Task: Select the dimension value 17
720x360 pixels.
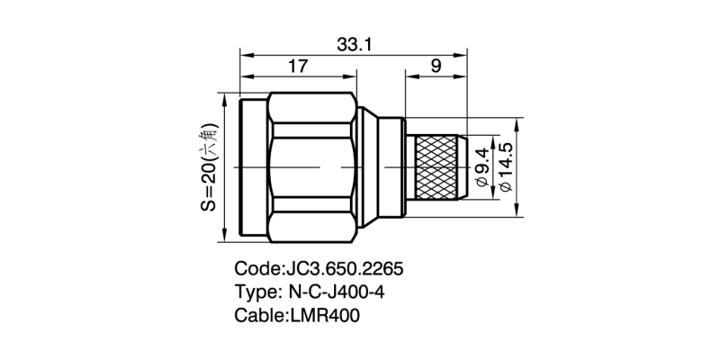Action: [299, 67]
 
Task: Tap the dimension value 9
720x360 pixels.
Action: [436, 67]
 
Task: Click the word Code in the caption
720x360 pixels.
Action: [256, 269]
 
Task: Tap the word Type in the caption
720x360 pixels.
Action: [256, 292]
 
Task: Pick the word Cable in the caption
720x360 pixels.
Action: [258, 316]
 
